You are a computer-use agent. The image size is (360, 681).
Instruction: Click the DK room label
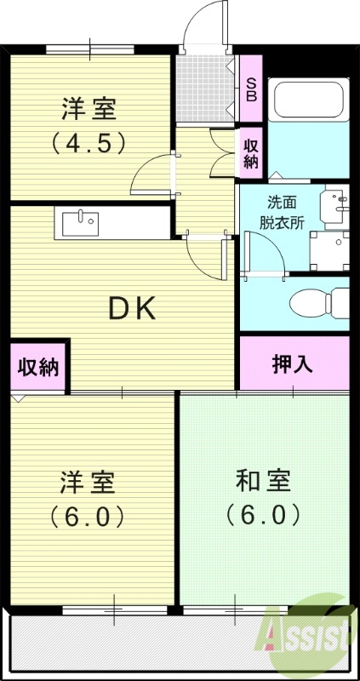pos(131,310)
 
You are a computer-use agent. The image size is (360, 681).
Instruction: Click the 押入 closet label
pos(293,364)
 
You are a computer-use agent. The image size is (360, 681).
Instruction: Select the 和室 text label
pos(263,481)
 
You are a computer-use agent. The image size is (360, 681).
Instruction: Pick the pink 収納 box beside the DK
pos(39,367)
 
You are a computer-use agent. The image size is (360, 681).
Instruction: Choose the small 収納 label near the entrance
pos(251,152)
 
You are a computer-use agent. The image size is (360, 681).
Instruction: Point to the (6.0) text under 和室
pos(263,515)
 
